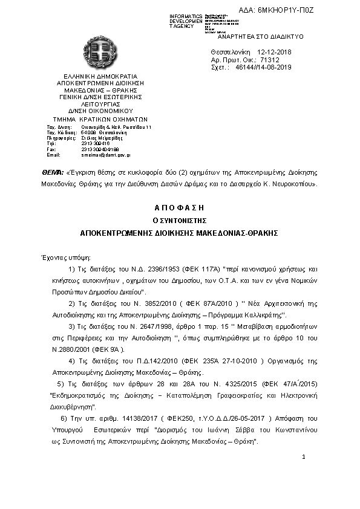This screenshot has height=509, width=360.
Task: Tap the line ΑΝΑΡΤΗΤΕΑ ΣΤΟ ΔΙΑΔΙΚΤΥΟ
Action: [256, 36]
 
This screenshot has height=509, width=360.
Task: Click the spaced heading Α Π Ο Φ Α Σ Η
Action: [180, 207]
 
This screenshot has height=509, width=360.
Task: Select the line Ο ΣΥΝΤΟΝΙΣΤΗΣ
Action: [179, 219]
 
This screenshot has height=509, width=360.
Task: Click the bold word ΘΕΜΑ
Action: [51, 172]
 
